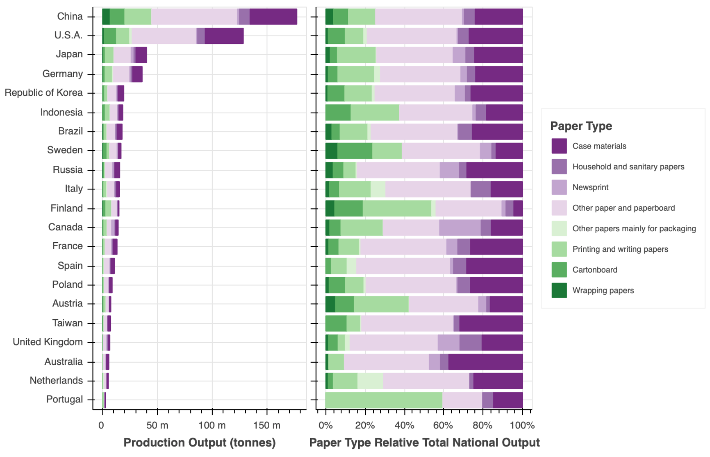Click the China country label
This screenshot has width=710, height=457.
pyautogui.click(x=70, y=17)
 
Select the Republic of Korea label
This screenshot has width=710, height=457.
pyautogui.click(x=44, y=93)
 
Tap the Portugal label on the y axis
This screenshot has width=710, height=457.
pyautogui.click(x=65, y=400)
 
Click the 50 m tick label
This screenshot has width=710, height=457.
pyautogui.click(x=157, y=425)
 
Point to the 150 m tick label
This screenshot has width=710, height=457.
pyautogui.click(x=267, y=425)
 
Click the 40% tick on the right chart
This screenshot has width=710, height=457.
pyautogui.click(x=404, y=425)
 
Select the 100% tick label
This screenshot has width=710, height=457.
pyautogui.click(x=522, y=425)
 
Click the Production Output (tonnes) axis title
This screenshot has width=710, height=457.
pyautogui.click(x=199, y=443)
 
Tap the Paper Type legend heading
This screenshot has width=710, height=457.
pyautogui.click(x=581, y=126)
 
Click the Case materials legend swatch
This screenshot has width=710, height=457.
pyautogui.click(x=559, y=146)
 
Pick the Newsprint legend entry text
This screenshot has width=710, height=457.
pyautogui.click(x=590, y=187)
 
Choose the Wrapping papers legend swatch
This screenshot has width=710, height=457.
pyautogui.click(x=559, y=291)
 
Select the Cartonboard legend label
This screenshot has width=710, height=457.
pyautogui.click(x=595, y=270)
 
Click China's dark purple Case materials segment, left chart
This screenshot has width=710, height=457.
pyautogui.click(x=273, y=17)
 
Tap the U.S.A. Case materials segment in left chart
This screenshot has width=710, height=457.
pyautogui.click(x=224, y=36)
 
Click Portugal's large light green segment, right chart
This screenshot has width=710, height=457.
pyautogui.click(x=384, y=400)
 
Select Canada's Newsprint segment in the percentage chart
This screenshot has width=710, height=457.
pyautogui.click(x=460, y=227)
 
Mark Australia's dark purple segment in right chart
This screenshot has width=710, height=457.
pyautogui.click(x=485, y=362)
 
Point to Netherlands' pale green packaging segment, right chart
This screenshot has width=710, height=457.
pyautogui.click(x=370, y=381)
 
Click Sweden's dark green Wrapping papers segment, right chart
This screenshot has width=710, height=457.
pyautogui.click(x=331, y=151)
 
